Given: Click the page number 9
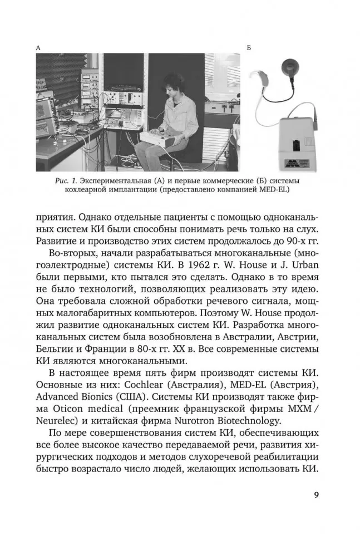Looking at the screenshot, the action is click(x=316, y=494).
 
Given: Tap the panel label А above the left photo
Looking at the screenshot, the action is click(x=38, y=48).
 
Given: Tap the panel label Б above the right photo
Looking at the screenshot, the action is click(x=249, y=48).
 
